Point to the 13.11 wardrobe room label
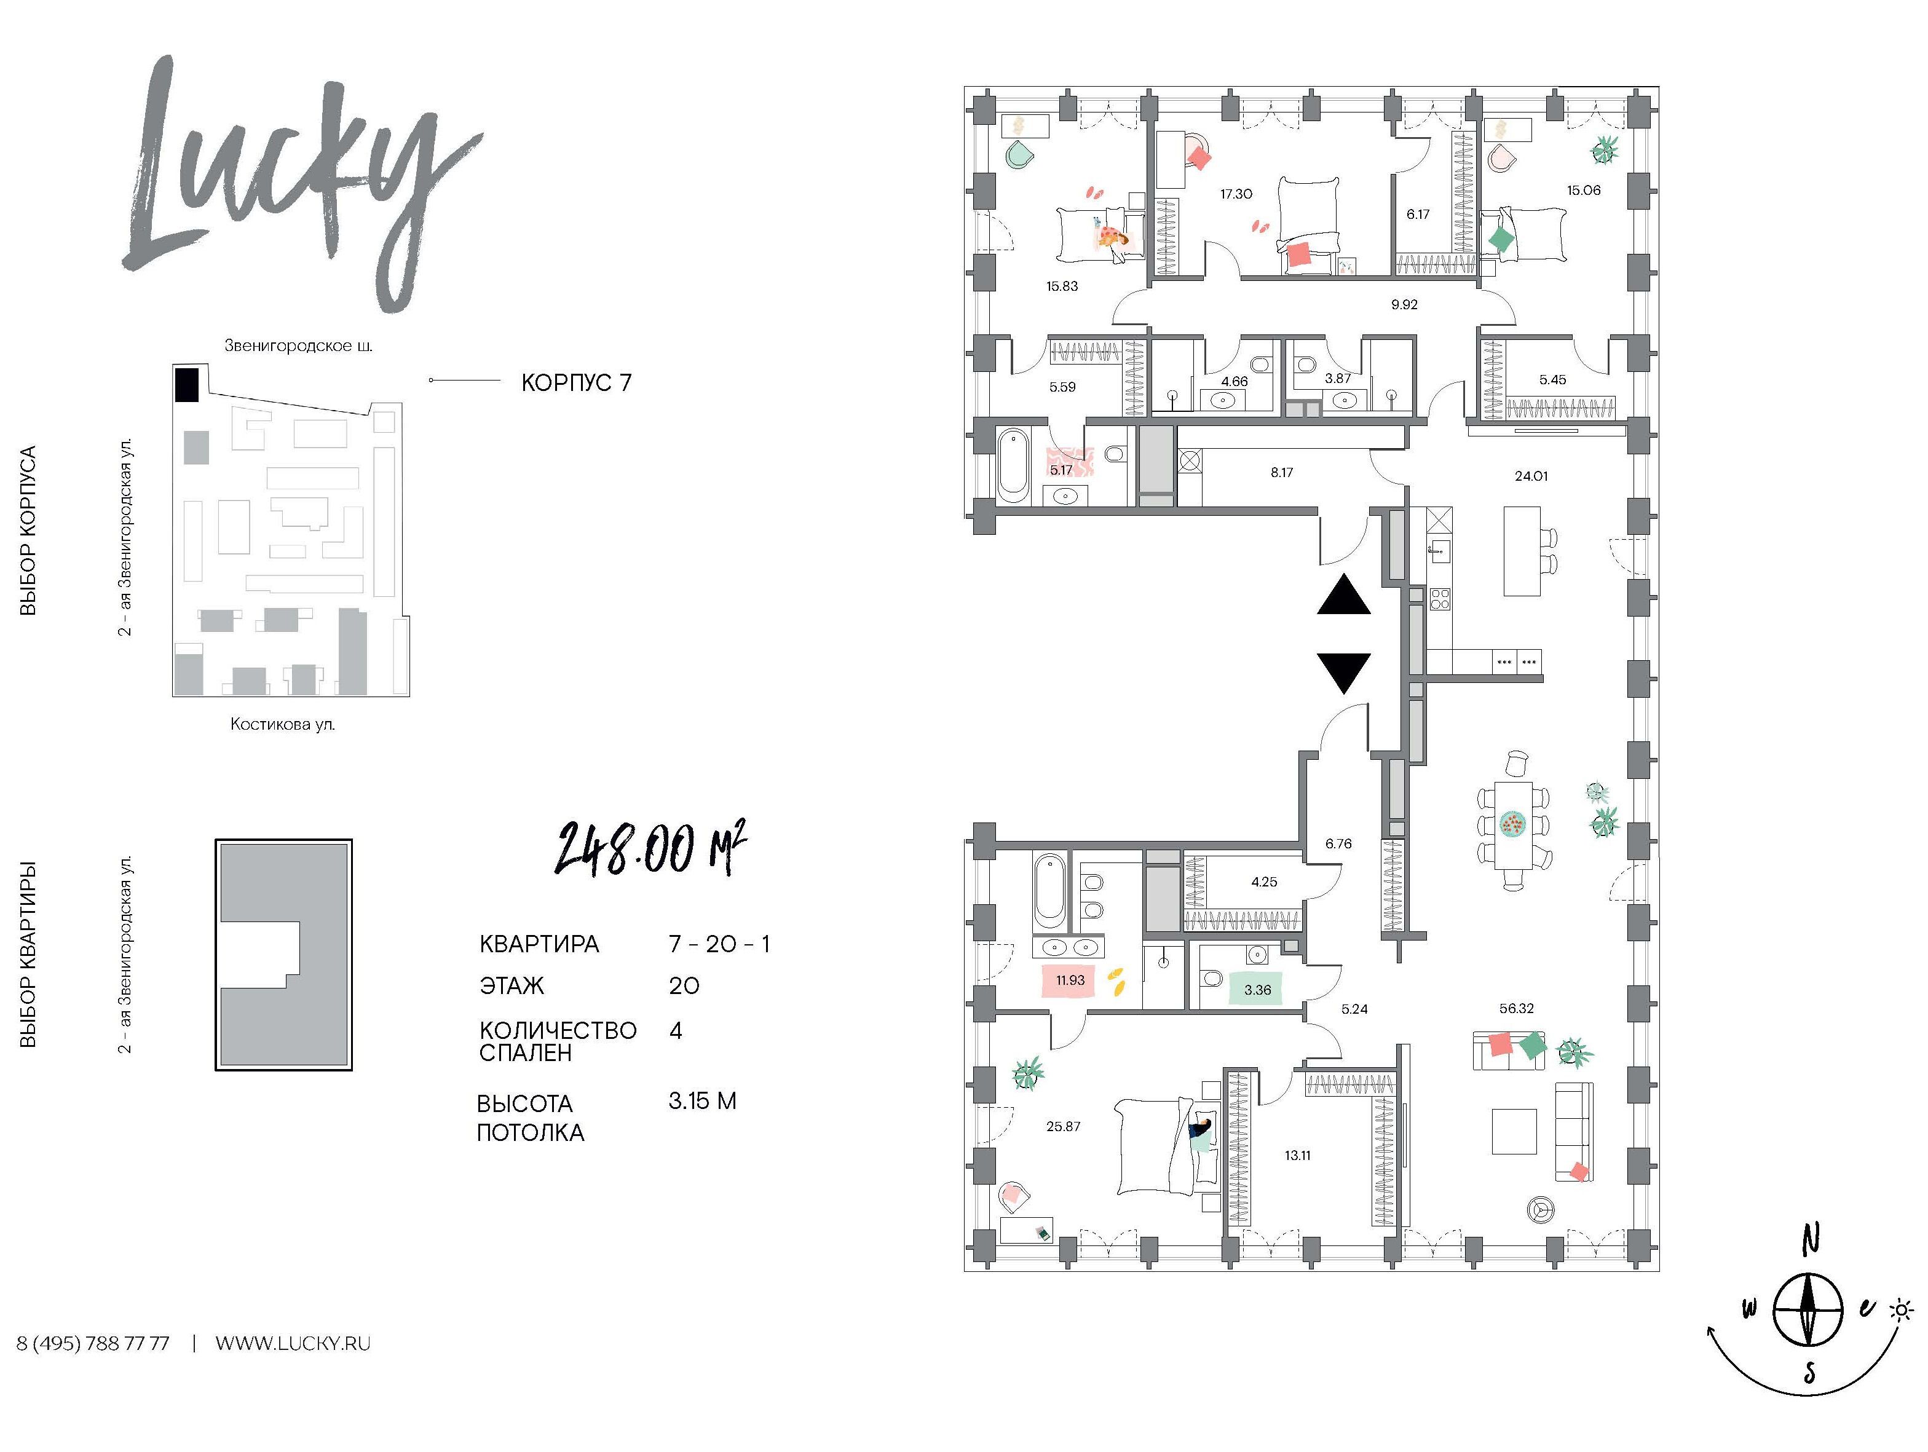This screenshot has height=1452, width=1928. click(x=1297, y=1156)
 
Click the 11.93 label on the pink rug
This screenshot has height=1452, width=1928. click(x=1070, y=980)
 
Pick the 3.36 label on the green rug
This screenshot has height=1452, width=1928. click(x=1257, y=990)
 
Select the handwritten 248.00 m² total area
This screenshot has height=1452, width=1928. click(x=650, y=847)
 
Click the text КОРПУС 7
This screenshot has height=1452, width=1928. click(x=576, y=382)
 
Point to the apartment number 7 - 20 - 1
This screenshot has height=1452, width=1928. click(x=719, y=944)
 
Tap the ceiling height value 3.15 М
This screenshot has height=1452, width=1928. click(x=703, y=1101)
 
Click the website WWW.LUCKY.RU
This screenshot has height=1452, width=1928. click(x=293, y=1343)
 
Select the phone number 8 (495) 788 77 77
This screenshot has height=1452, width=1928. click(x=93, y=1343)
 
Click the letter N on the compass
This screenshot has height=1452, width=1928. click(x=1811, y=1237)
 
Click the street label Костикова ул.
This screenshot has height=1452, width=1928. click(x=282, y=724)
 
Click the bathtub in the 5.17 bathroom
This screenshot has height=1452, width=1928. click(x=1014, y=465)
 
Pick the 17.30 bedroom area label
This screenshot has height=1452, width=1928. click(x=1236, y=194)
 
